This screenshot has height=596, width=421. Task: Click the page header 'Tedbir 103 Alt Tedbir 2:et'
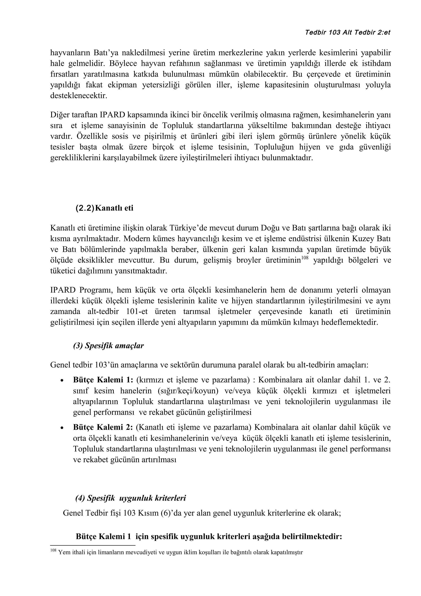click(348, 33)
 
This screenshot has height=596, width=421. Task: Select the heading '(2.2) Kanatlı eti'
click(104, 208)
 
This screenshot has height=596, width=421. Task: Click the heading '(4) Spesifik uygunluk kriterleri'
click(131, 498)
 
